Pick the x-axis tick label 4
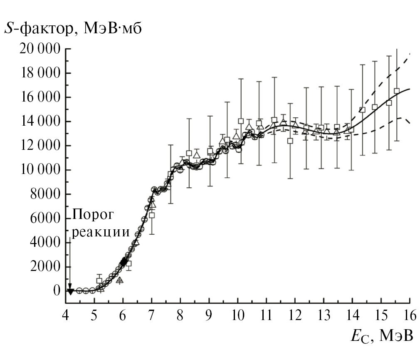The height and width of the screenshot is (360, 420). [x=65, y=315]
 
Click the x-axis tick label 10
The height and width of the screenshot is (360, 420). [x=237, y=315]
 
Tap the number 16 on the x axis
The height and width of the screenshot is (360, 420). [x=410, y=315]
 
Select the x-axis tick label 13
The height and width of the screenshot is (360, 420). [x=324, y=315]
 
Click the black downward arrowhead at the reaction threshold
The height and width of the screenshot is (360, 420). [x=71, y=291]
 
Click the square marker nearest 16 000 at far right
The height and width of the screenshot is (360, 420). [x=397, y=91]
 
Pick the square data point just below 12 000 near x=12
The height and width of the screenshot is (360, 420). [x=290, y=141]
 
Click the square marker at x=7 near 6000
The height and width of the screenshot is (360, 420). [x=152, y=215]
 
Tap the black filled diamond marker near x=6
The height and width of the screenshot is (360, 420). [x=124, y=261]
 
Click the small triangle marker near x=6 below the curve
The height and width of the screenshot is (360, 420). [x=120, y=280]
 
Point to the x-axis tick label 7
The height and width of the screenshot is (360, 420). [x=151, y=315]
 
